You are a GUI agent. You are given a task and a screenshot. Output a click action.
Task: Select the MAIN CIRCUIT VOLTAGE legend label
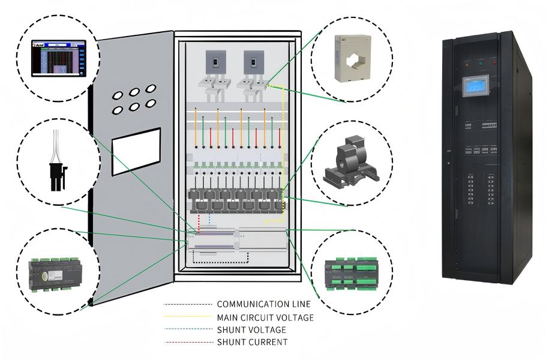(265, 317)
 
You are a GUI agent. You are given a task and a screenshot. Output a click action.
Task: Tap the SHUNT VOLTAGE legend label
(251, 329)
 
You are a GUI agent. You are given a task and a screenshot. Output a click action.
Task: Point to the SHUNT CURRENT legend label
(252, 342)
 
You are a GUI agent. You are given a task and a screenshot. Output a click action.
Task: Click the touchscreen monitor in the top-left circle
(59, 57)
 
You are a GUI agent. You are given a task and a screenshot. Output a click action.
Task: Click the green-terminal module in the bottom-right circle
(352, 274)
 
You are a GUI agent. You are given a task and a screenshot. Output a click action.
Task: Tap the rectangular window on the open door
(136, 151)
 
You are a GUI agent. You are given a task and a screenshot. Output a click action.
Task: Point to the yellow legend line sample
(187, 317)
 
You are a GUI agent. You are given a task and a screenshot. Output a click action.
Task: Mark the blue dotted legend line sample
(187, 329)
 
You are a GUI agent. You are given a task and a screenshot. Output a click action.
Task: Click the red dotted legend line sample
(187, 342)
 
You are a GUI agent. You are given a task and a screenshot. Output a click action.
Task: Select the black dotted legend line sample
(187, 304)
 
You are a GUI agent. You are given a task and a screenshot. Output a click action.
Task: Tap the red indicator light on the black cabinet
(493, 61)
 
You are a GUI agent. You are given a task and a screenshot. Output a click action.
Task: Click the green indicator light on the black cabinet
(480, 61)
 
